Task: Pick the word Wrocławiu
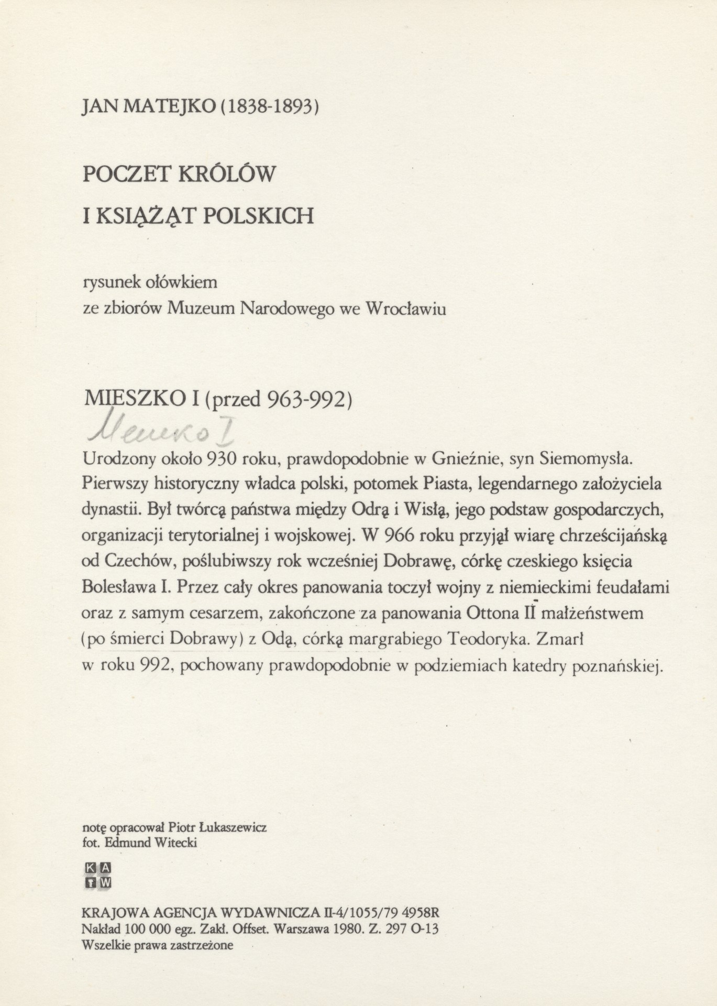pyautogui.click(x=405, y=309)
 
